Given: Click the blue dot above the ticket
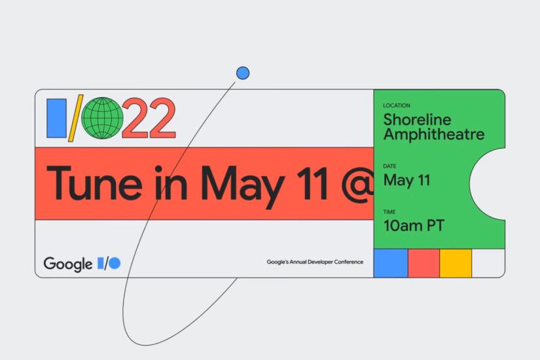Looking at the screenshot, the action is tap(243, 73).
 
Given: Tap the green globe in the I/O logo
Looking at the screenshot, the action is tap(102, 118).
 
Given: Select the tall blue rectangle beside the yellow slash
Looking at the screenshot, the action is tap(56, 118).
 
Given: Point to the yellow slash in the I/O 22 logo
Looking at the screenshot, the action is tap(75, 118).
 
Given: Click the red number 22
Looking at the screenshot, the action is tap(149, 118).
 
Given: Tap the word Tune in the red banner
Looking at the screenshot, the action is tap(94, 183).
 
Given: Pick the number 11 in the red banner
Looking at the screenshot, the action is tap(312, 183).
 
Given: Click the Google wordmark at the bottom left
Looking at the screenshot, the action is tap(68, 264).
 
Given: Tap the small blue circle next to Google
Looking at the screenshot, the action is tap(115, 263).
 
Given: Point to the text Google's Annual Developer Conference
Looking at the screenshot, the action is tap(315, 262).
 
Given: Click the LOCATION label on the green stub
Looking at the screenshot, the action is tap(397, 105).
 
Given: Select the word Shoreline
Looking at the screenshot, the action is tap(417, 120).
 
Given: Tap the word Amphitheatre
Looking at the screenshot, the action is tap(434, 134).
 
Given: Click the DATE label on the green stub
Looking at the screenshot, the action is tap(389, 166).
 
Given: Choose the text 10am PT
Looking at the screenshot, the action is tap(414, 226).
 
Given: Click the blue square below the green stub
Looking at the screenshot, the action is tap(391, 263).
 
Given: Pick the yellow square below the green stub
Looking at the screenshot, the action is tap(456, 263).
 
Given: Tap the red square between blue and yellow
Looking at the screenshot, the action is tap(424, 263).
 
